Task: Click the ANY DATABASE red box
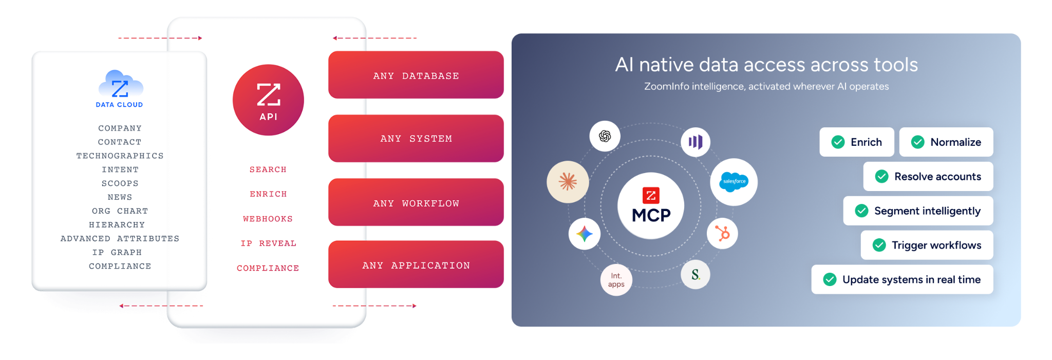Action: (x=416, y=75)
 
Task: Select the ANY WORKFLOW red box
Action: (x=416, y=202)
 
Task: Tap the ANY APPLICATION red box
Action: (x=416, y=264)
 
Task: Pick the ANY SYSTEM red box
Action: (x=416, y=139)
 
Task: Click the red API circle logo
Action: (x=268, y=100)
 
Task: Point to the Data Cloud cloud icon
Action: (x=120, y=84)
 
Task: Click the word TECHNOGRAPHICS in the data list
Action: (x=120, y=156)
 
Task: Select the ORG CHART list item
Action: (x=120, y=211)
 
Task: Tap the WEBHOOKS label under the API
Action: (x=268, y=219)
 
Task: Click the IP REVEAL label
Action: (x=268, y=243)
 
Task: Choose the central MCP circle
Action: (x=651, y=205)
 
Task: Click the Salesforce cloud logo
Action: (x=734, y=182)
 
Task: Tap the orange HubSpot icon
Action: (x=722, y=234)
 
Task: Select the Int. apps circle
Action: (x=616, y=280)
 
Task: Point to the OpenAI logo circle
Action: (x=605, y=136)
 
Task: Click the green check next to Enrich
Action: (x=838, y=142)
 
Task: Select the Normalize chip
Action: (x=946, y=142)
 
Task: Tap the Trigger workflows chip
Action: (x=927, y=245)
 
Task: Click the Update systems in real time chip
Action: (x=903, y=280)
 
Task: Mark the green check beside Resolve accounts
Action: (x=882, y=177)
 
